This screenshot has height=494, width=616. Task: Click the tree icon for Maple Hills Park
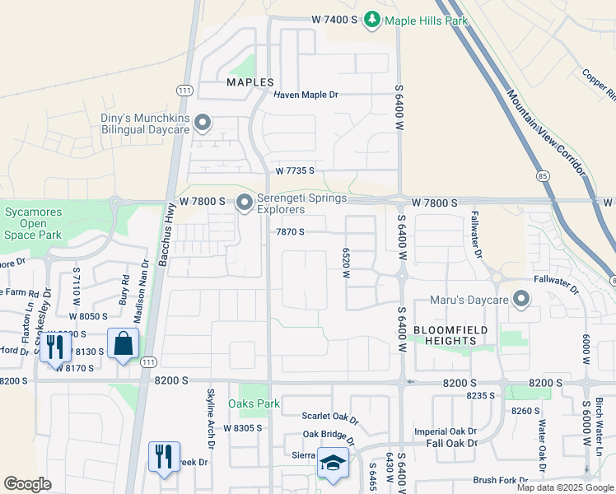point(372,18)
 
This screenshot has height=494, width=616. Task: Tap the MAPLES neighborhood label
point(250,83)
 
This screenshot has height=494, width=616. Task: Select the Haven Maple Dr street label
point(306,96)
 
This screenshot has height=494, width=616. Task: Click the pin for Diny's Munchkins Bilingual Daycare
point(203,124)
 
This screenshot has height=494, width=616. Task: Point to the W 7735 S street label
point(295,170)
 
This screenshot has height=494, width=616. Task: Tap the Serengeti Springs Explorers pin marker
point(245,203)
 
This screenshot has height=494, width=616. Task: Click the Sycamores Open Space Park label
point(30,223)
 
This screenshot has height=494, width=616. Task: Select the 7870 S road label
point(290,232)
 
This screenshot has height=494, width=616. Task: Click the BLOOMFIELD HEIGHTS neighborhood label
point(450,336)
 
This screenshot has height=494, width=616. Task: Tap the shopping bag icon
point(123,344)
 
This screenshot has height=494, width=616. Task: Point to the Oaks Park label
point(254,403)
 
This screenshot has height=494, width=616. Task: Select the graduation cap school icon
point(334,463)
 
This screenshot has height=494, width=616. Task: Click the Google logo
point(28,484)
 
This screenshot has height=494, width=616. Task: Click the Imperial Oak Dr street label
point(446,431)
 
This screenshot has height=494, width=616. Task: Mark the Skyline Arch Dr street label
point(211,429)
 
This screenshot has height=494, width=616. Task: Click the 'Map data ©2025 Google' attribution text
point(564,487)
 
